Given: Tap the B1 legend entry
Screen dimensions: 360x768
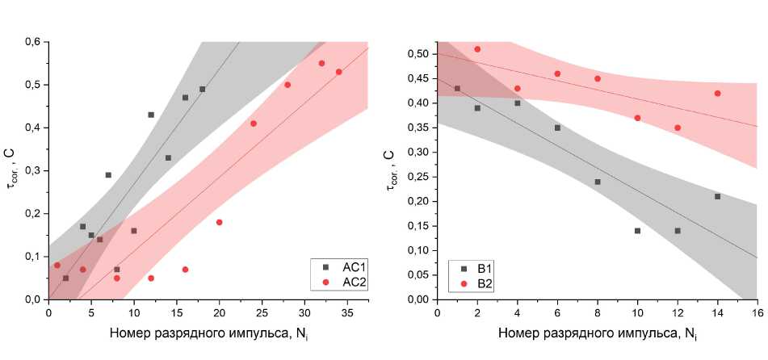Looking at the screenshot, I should [x=476, y=268].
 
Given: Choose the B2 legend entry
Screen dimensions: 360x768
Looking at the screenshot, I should [x=476, y=283].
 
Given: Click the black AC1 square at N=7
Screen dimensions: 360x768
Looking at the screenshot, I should [x=108, y=175].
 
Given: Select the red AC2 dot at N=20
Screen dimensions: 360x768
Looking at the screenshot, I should [x=219, y=222].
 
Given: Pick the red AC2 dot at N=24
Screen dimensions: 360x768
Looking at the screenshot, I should [x=254, y=123].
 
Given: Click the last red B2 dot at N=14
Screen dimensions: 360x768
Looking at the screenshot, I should [x=717, y=94].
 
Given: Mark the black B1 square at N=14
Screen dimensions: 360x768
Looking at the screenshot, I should [x=717, y=196].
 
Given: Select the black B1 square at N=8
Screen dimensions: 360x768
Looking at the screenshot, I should [x=598, y=182].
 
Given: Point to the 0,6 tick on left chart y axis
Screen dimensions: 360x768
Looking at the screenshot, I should [x=32, y=42].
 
